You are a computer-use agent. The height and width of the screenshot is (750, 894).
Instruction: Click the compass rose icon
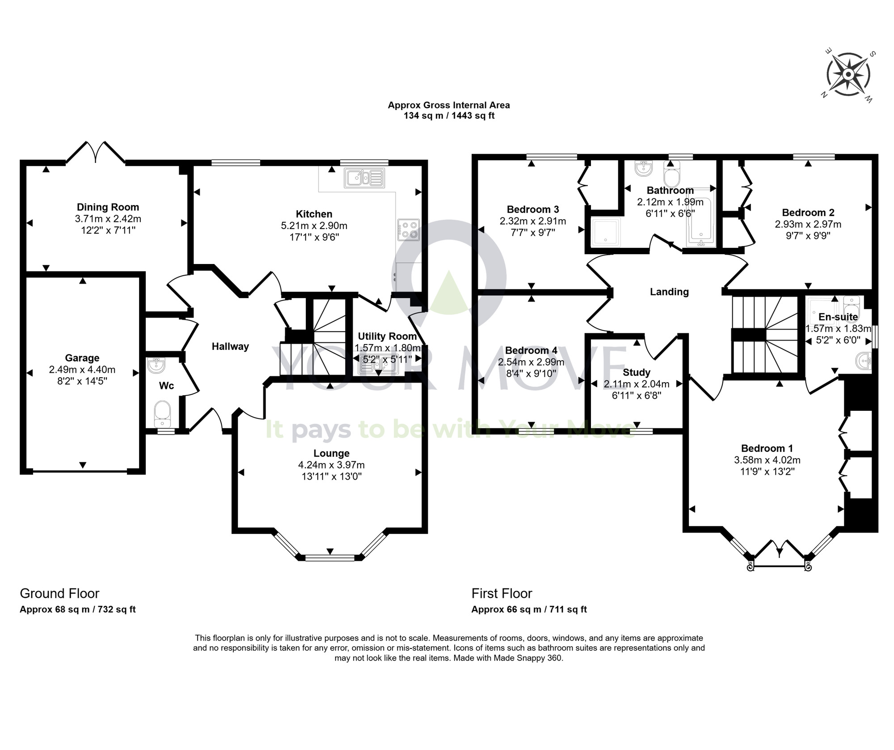848,74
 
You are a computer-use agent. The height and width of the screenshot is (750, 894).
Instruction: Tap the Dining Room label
108,207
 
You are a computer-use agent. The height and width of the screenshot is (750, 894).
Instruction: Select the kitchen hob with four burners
408,229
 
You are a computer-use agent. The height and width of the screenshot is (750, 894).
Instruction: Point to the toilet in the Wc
162,413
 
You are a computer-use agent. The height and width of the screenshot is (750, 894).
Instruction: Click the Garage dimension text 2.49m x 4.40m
82,370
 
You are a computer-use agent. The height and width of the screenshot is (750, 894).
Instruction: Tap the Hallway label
230,346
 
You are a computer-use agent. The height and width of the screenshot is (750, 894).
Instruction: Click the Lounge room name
331,453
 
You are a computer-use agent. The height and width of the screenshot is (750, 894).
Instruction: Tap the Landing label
669,292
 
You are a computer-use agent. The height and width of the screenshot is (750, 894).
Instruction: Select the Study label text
637,372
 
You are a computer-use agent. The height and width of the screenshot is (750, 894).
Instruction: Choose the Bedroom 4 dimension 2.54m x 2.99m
531,362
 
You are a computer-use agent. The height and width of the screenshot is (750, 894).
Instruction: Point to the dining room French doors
96,152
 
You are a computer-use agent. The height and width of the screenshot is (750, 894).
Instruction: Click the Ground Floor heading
59,593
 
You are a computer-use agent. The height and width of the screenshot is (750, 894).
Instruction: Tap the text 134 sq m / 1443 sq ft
449,116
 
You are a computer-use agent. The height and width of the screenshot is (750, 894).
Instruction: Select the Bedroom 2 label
808,213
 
